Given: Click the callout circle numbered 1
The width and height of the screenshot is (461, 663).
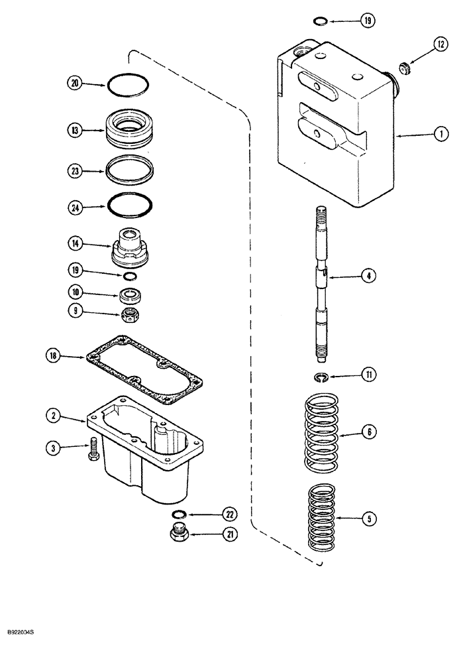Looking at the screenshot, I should click(438, 134).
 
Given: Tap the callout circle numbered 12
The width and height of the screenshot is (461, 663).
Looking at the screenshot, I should click(440, 44).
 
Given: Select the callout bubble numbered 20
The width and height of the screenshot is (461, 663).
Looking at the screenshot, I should click(75, 83).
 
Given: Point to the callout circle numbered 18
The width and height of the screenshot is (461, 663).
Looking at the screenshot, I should click(54, 356).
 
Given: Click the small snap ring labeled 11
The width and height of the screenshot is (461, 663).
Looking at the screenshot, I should click(321, 377).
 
